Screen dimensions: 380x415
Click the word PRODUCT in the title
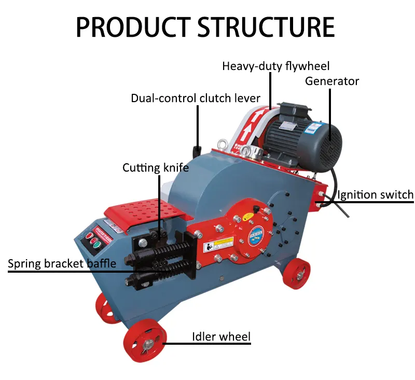133,26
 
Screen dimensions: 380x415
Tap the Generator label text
331,81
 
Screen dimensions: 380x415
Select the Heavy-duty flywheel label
275,66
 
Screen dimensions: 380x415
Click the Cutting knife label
156,168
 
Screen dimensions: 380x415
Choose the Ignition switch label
376,195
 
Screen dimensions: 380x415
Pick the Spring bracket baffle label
62,264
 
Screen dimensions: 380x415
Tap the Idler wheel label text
221,337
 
